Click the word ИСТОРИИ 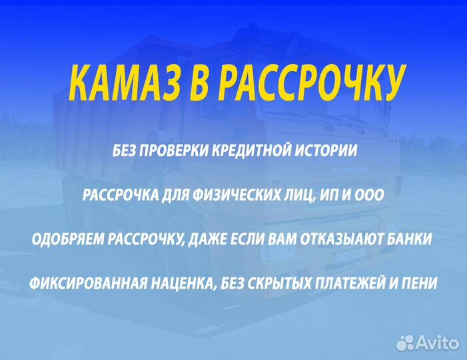pos(327,151)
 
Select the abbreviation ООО pos(369,195)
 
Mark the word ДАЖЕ pos(201,239)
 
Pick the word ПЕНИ pos(422,283)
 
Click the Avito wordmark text pos(438,343)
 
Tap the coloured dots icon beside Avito pos(405,343)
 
